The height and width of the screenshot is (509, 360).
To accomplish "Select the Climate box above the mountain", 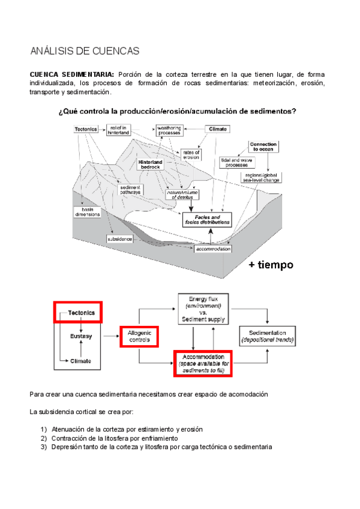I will pyautogui.click(x=218, y=128).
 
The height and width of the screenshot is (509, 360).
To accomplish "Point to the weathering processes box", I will pyautogui.click(x=170, y=130).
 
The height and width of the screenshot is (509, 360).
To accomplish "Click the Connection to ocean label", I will pyautogui.click(x=264, y=146).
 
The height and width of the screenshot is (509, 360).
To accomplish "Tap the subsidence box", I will pyautogui.click(x=120, y=238).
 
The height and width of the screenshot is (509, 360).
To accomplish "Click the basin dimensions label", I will pyautogui.click(x=88, y=211).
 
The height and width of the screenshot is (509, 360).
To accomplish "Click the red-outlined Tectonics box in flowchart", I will pyautogui.click(x=79, y=313).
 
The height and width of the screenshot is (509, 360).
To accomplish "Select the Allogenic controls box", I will pyautogui.click(x=143, y=336).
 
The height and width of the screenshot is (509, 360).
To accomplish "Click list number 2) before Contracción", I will pyautogui.click(x=43, y=438).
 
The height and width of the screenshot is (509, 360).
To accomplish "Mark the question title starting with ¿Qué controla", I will pyautogui.click(x=178, y=112).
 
